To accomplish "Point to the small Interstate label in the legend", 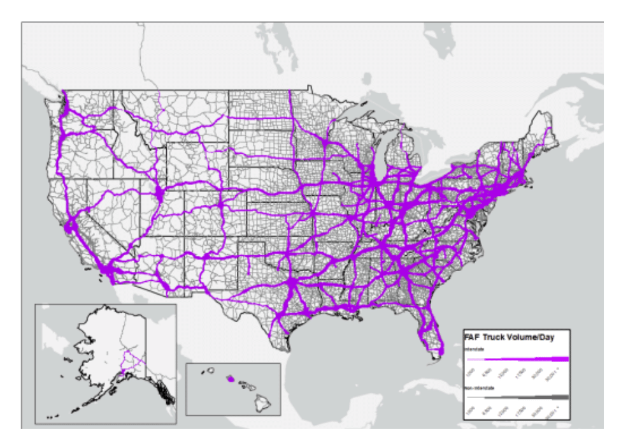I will point(474,350).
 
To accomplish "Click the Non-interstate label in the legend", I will point(478,387).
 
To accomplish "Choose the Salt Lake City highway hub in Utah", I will point(159,191).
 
